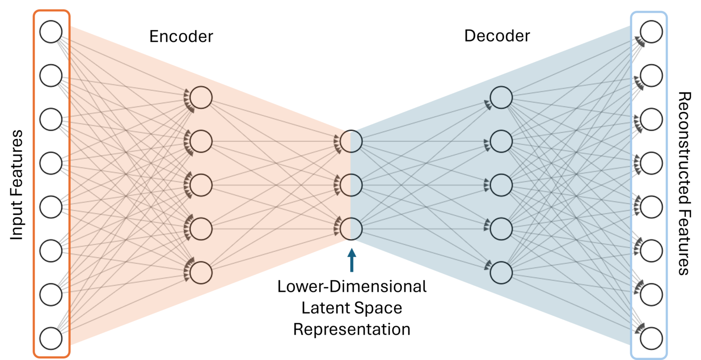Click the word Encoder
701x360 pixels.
(x=181, y=37)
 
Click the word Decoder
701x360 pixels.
(x=497, y=36)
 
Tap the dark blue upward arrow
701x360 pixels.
(x=351, y=260)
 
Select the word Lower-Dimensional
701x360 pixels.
(x=352, y=287)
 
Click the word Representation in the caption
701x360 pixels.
(x=351, y=329)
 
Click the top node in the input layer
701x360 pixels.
(x=51, y=32)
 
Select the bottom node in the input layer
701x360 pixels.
(x=51, y=339)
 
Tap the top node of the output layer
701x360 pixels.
(x=651, y=32)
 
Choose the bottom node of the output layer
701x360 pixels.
(x=651, y=339)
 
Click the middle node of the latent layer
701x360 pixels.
(x=351, y=185)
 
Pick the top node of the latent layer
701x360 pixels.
(x=351, y=141)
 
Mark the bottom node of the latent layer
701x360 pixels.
(x=351, y=229)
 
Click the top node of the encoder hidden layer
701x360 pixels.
(x=201, y=98)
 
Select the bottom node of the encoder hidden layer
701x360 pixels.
(x=201, y=272)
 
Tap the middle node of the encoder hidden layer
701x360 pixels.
(x=201, y=185)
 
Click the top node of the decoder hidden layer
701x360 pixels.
(x=501, y=98)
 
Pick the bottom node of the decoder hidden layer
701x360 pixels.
(x=501, y=272)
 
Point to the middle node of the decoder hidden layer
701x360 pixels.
(x=501, y=185)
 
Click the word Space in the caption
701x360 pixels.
(x=379, y=308)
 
